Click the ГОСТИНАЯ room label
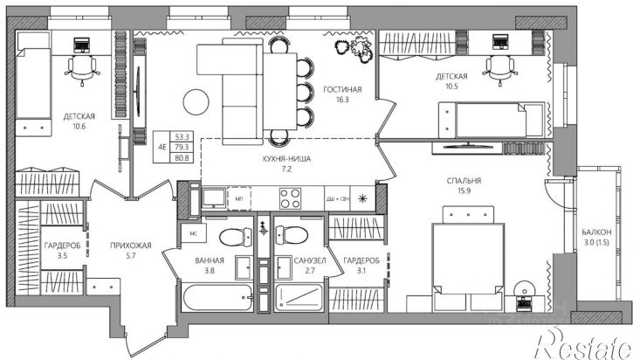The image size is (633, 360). pyautogui.click(x=342, y=89)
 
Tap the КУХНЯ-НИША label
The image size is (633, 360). pyautogui.click(x=286, y=159)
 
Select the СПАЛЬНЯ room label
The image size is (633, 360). pyautogui.click(x=464, y=181)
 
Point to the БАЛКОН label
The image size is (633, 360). pyautogui.click(x=596, y=232)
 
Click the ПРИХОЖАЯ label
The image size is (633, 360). pyautogui.click(x=131, y=246)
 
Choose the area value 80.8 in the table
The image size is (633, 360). pyautogui.click(x=182, y=158)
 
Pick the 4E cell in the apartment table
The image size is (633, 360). pyautogui.click(x=162, y=147)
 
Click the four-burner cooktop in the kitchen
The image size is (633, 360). pyautogui.click(x=290, y=198)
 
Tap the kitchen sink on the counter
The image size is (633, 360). pyautogui.click(x=214, y=198)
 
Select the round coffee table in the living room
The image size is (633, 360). pyautogui.click(x=196, y=102)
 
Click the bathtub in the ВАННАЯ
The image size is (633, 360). pyautogui.click(x=217, y=298)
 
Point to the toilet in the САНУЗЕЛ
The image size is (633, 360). pyautogui.click(x=291, y=235)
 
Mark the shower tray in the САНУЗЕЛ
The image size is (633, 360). pyautogui.click(x=299, y=298)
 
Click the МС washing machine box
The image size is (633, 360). pyautogui.click(x=193, y=233)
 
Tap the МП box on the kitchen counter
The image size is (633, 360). pyautogui.click(x=239, y=198)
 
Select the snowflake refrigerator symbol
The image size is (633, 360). pyautogui.click(x=363, y=198)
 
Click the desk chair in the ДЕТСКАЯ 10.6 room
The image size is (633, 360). pyautogui.click(x=82, y=69)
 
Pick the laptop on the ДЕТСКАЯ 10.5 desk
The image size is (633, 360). pyautogui.click(x=500, y=43)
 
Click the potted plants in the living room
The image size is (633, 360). pyautogui.click(x=354, y=48)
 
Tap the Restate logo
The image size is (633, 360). pyautogui.click(x=583, y=343)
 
